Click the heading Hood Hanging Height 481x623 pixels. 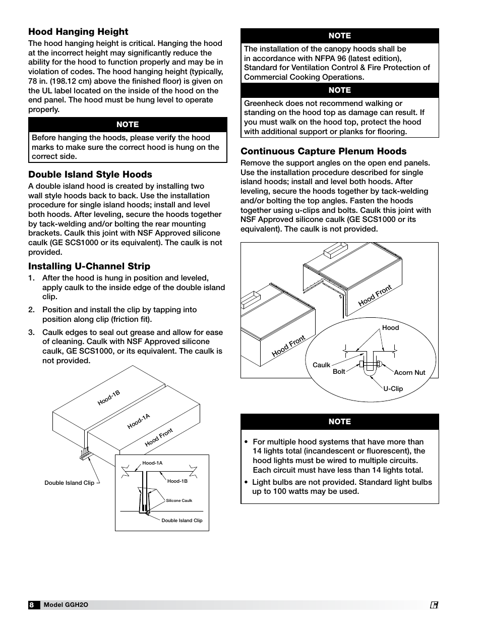tap(78, 32)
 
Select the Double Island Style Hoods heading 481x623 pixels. tap(90, 175)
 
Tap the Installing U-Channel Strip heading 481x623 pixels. tap(89, 266)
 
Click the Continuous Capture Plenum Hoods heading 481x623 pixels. tap(323, 151)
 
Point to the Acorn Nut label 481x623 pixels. tap(409, 373)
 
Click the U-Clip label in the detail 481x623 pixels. tap(393, 389)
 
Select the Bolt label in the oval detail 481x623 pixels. tap(339, 372)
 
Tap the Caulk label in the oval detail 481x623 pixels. tap(321, 365)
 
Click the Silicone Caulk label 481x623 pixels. tap(179, 501)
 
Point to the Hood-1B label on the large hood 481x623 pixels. tap(108, 398)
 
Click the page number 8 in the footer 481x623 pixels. tap(32, 605)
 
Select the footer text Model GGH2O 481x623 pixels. tap(66, 605)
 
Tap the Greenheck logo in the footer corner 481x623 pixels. tap(434, 605)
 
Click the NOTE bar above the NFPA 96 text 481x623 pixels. tap(339, 36)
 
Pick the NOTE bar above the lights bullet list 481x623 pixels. tap(339, 422)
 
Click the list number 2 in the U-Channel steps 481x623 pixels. tap(31, 310)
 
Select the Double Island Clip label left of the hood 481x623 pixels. tap(69, 483)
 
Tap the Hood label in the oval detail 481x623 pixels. tap(390, 328)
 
